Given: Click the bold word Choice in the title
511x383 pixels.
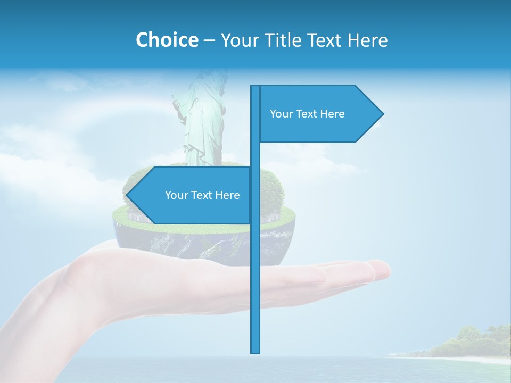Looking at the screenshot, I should [x=167, y=40].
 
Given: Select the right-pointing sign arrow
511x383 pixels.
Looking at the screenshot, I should [x=319, y=114].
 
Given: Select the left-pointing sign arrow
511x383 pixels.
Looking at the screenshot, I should [x=192, y=195].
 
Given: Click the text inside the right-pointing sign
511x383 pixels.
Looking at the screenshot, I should [x=307, y=114].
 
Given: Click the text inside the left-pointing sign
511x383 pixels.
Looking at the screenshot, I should [x=202, y=195].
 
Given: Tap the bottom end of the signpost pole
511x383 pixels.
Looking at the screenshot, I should [x=256, y=351].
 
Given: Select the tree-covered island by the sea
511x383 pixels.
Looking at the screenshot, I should [x=468, y=343].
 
